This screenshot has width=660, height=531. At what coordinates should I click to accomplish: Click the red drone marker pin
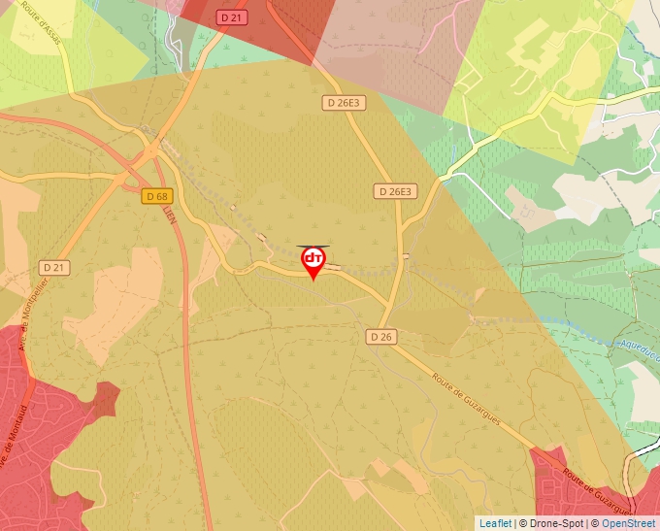click(313, 260)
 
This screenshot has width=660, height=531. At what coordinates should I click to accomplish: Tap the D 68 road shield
click(155, 196)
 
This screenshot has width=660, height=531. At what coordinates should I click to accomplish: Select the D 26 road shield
click(380, 336)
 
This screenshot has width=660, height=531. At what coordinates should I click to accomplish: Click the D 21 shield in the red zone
click(230, 17)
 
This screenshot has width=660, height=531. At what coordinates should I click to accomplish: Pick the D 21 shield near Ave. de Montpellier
click(53, 266)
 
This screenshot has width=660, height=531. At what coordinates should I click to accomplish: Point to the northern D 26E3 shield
click(344, 102)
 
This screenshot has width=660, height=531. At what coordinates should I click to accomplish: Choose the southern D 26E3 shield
click(395, 191)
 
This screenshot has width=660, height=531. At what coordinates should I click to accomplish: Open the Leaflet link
click(495, 523)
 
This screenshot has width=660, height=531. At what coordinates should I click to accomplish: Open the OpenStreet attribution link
click(628, 523)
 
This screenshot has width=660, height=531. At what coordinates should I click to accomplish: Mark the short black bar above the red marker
click(313, 246)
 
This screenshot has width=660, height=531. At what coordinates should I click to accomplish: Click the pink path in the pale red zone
click(450, 29)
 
